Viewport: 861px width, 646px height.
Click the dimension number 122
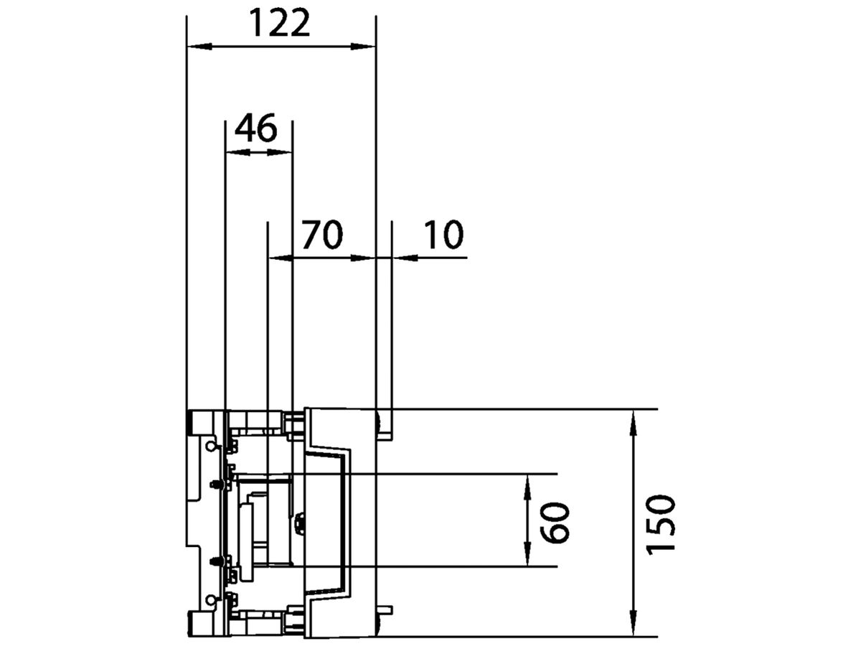tap(280, 24)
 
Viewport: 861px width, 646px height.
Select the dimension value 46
tap(256, 129)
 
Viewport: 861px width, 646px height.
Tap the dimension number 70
tap(321, 235)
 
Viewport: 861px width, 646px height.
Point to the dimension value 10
tap(443, 235)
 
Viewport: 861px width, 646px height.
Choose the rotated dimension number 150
tap(659, 523)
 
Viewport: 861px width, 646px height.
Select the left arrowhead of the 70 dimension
tap(278, 257)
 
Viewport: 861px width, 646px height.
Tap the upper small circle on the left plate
tap(210, 446)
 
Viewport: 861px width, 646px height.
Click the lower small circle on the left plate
tap(210, 599)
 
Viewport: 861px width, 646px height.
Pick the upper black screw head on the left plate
tap(215, 484)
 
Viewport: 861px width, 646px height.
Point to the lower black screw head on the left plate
tap(215, 561)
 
